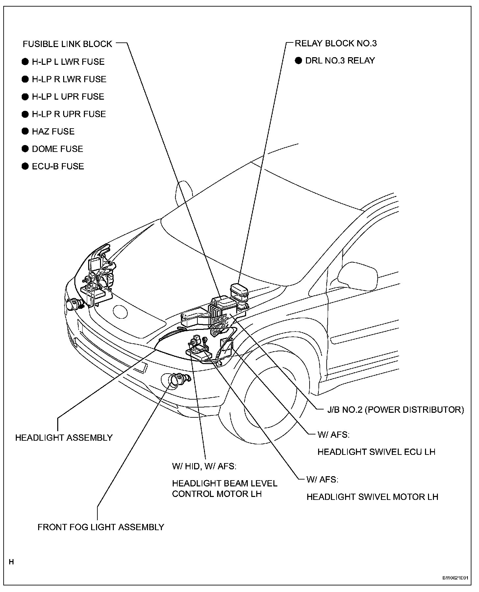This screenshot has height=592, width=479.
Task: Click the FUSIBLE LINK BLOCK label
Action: (x=67, y=44)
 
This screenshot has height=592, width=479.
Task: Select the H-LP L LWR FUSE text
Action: (x=68, y=62)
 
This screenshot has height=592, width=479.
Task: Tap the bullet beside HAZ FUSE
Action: (x=25, y=131)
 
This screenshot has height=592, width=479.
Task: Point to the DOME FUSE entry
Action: (x=57, y=149)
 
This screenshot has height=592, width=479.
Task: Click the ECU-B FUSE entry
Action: (x=58, y=166)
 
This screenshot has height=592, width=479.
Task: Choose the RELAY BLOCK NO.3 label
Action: (x=336, y=43)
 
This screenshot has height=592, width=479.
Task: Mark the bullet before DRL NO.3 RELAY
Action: (x=298, y=61)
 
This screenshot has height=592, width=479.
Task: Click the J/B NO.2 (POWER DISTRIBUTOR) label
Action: (x=395, y=410)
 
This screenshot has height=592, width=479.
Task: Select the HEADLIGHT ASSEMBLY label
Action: (x=64, y=438)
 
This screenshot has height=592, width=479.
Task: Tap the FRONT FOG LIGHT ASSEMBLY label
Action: (x=101, y=527)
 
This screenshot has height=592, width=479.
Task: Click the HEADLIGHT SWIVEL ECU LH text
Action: (x=376, y=452)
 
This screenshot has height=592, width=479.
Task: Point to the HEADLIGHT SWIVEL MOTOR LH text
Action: (x=372, y=497)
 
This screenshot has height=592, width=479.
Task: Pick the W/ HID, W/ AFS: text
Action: (x=204, y=466)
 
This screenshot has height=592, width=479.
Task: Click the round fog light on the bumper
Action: (x=174, y=381)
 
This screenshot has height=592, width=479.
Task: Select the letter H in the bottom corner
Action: (x=12, y=562)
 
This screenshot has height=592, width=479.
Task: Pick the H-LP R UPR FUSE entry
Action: (x=69, y=114)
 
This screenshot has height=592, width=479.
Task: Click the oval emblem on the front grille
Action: (x=119, y=311)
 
